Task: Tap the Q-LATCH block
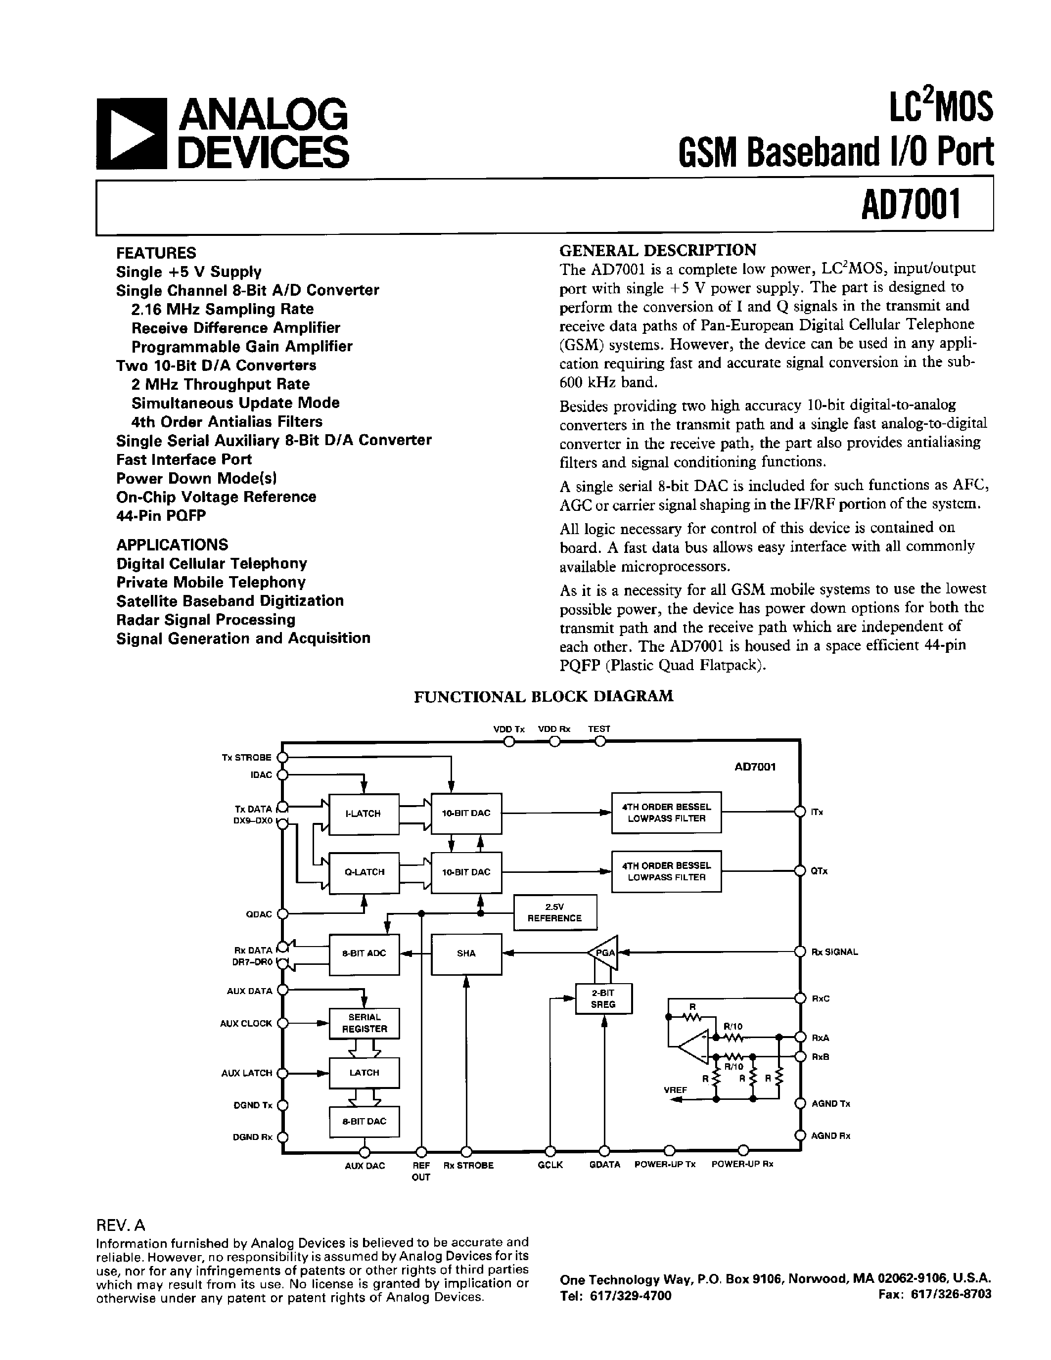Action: (x=364, y=872)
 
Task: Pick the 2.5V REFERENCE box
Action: (x=554, y=913)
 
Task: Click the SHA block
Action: (x=466, y=953)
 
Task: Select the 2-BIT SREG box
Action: (x=603, y=999)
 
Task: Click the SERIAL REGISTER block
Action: (x=364, y=1023)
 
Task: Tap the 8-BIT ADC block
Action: (x=364, y=953)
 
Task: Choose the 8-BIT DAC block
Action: (x=364, y=1122)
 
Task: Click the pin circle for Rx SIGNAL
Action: (x=800, y=952)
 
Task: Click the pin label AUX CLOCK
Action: (x=246, y=1023)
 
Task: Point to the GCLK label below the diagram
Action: (x=550, y=1165)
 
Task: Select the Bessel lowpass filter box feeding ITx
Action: (x=666, y=813)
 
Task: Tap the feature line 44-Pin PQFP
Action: (x=161, y=516)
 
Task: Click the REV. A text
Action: (x=120, y=1225)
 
